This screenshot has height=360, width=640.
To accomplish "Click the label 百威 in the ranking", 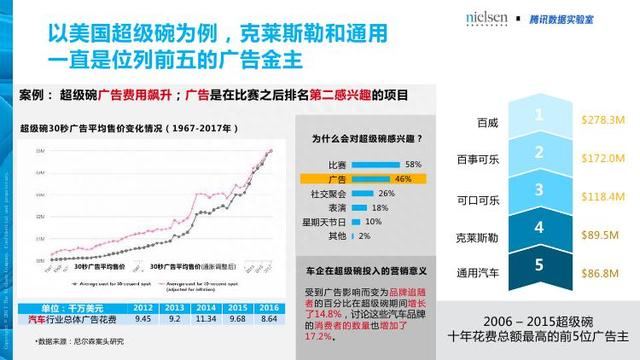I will pyautogui.click(x=486, y=122).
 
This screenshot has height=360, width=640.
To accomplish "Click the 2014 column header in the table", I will pyautogui.click(x=204, y=308).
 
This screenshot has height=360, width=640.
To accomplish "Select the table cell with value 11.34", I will pyautogui.click(x=204, y=319).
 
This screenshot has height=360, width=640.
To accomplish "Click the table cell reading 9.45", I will pyautogui.click(x=142, y=319).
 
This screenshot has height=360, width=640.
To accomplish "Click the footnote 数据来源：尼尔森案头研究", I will pyautogui.click(x=78, y=340).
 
